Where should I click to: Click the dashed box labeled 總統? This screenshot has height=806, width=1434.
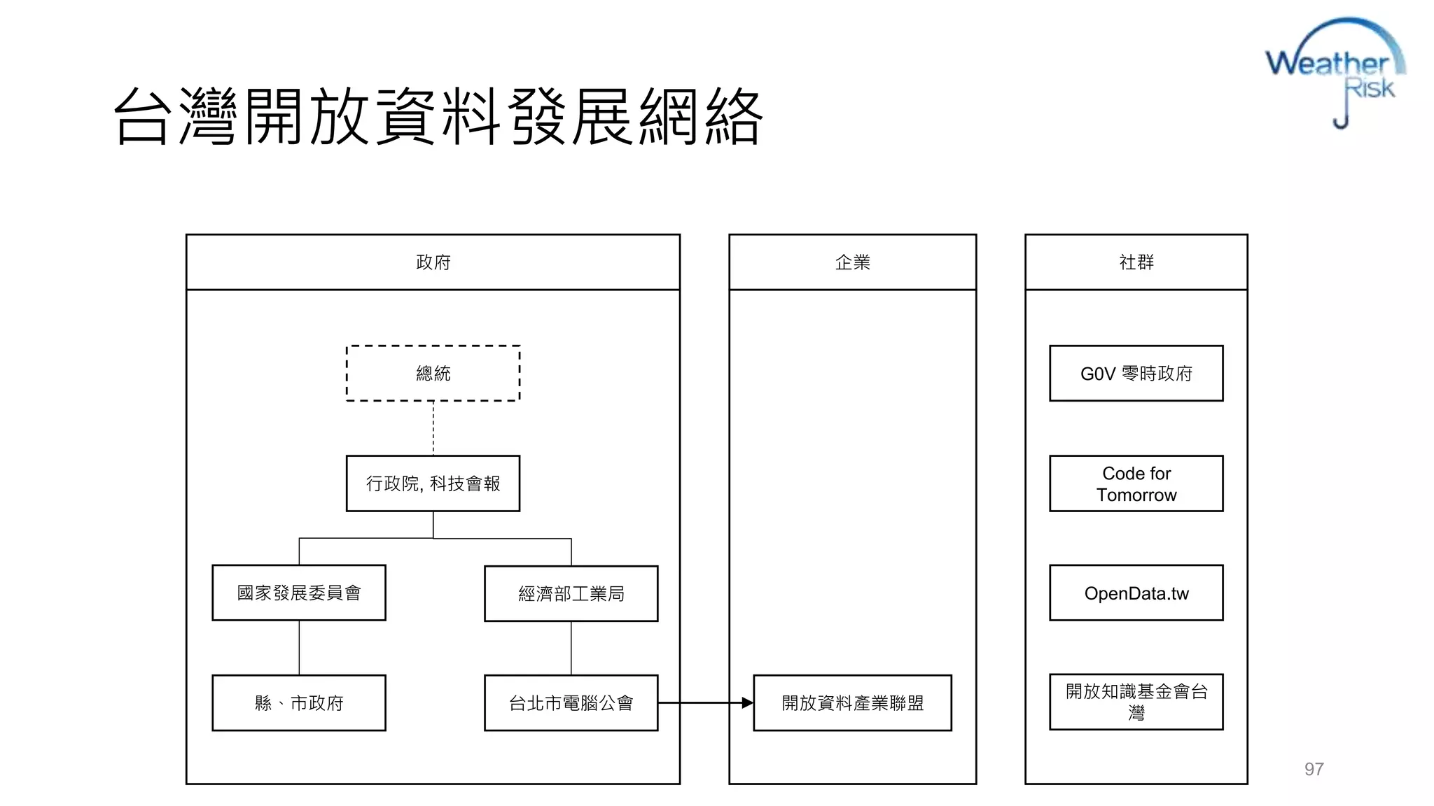pos(433,373)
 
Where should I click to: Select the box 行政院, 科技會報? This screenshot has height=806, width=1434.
pos(433,483)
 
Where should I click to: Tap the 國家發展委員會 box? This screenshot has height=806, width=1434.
pos(299,593)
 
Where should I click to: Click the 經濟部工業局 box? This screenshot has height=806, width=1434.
pos(571,593)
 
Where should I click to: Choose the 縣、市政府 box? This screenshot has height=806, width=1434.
pos(299,702)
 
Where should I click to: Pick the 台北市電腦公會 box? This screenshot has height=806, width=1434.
pos(571,702)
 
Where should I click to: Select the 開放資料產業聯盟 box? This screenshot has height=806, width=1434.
pos(852,702)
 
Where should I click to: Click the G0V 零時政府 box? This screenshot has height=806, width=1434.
pos(1136,373)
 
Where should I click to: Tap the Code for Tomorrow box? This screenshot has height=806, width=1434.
pos(1136,483)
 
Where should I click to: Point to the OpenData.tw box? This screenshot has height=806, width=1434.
pos(1136,593)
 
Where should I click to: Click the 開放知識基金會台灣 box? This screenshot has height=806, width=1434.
pos(1136,702)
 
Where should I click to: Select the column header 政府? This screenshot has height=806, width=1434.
pos(433,262)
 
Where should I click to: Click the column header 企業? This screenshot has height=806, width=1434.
pos(852,262)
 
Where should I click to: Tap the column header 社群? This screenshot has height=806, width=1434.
pos(1136,262)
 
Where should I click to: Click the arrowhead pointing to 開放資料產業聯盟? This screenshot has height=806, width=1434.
pos(747,702)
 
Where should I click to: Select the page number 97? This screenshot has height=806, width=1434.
pos(1314,769)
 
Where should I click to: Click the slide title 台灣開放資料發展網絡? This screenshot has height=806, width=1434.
pos(438,116)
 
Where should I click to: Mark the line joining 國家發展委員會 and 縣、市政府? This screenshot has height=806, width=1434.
pos(299,647)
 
